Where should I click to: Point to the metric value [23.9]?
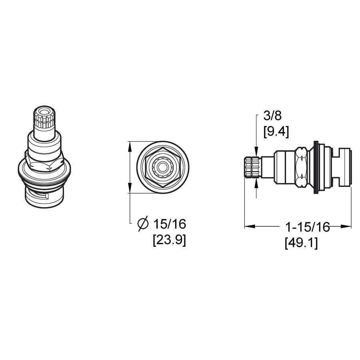click(x=169, y=241)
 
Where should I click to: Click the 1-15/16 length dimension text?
click(x=307, y=227)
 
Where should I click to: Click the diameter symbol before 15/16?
click(x=143, y=224)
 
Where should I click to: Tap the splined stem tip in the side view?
click(x=252, y=168)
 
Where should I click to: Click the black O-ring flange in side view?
click(x=317, y=168)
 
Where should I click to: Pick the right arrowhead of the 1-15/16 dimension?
click(x=347, y=226)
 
